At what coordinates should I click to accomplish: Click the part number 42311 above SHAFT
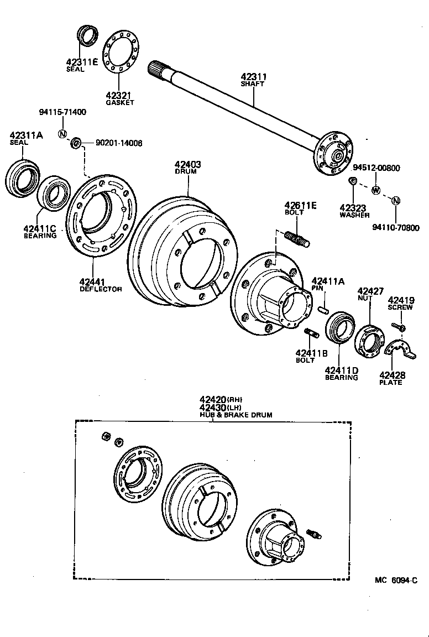pyautogui.click(x=253, y=76)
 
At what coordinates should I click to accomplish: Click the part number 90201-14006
pyautogui.click(x=118, y=143)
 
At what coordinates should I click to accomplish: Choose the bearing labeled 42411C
pyautogui.click(x=54, y=193)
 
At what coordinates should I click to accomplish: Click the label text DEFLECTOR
pyautogui.click(x=101, y=289)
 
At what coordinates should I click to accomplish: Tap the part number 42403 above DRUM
pyautogui.click(x=188, y=164)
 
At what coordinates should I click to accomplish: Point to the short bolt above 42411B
pyautogui.click(x=311, y=333)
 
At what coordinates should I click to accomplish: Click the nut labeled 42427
pyautogui.click(x=369, y=339)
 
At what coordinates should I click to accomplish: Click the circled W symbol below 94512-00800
pyautogui.click(x=376, y=191)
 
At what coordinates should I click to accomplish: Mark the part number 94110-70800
pyautogui.click(x=396, y=227)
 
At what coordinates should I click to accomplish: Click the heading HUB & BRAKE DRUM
pyautogui.click(x=236, y=415)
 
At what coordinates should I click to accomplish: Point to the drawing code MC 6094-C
pyautogui.click(x=395, y=580)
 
